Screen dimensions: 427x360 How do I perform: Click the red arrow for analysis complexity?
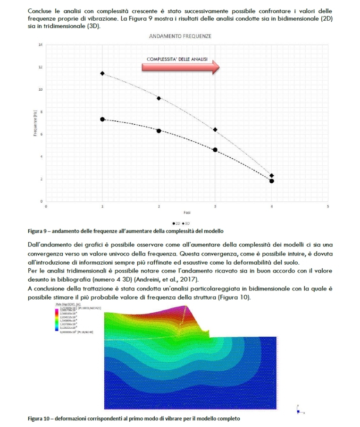coord(181,67)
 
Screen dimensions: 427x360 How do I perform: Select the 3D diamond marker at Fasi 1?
coord(102,73)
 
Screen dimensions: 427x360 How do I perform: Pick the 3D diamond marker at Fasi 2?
coord(159,98)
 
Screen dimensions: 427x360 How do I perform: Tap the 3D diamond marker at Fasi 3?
coord(215,129)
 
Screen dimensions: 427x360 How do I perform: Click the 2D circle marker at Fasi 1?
coord(102,119)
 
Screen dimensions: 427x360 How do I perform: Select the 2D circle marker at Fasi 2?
coord(159,131)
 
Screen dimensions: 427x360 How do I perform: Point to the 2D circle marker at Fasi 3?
coord(215,150)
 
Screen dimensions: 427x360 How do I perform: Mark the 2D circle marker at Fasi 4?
coord(272,181)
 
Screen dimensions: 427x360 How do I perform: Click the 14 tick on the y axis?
coord(41,45)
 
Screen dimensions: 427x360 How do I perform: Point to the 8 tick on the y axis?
coord(41,112)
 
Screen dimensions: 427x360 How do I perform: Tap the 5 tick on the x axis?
coord(328,206)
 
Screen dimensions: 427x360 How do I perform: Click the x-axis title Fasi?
coord(187,213)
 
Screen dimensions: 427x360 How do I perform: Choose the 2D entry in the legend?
coord(176,223)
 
